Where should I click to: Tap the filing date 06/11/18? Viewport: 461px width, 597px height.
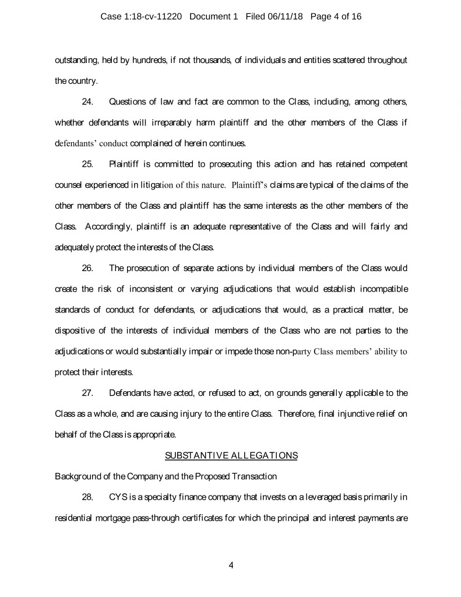point(280,17)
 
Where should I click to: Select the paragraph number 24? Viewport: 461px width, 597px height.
point(88,103)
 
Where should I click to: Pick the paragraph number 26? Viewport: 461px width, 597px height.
point(88,269)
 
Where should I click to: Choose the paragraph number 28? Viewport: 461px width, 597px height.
point(88,497)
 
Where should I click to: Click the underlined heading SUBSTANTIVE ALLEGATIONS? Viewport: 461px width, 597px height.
point(231,455)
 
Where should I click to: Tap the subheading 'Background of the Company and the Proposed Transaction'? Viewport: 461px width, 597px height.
point(166,476)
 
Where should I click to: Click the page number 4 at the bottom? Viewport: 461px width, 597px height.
point(231,565)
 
